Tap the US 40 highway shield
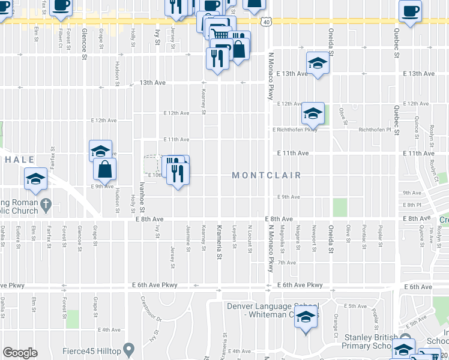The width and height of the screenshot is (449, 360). coord(265,22)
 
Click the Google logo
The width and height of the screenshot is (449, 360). coord(20,353)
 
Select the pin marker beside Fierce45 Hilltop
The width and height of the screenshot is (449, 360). coord(128,349)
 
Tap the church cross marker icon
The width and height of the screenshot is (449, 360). coord(46,205)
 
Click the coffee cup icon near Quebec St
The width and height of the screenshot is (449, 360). coord(411,11)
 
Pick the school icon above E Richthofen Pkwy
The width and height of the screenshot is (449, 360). coord(313,113)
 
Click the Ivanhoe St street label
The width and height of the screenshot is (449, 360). coord(143,196)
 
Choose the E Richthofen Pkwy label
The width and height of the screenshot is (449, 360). coord(295,130)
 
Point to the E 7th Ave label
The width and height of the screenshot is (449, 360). coord(287,263)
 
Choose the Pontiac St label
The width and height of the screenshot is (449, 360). coord(364,235)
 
